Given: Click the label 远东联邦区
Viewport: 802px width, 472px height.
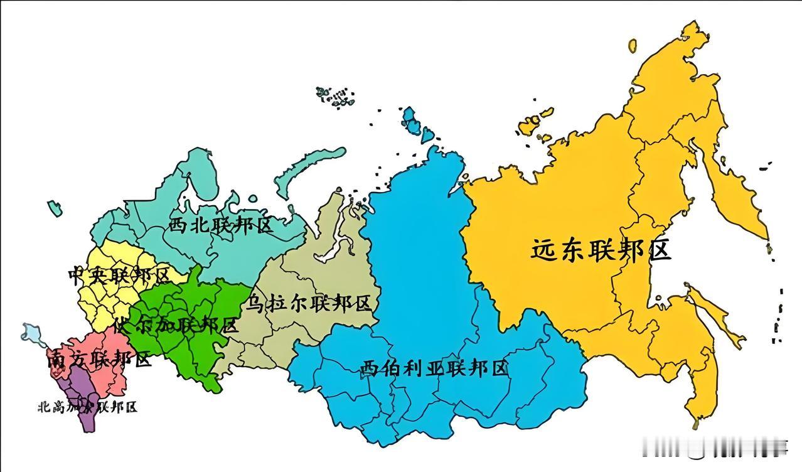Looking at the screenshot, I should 601,250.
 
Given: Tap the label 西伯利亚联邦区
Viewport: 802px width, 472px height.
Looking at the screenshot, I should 434,368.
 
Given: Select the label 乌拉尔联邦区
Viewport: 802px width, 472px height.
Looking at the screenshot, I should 309,304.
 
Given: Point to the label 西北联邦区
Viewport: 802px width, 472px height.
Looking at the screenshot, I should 221,225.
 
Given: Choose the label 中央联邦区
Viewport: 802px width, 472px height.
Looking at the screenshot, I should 119,276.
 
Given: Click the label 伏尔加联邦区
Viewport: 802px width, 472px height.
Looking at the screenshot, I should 176,326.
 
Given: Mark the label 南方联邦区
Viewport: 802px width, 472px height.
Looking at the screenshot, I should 99,360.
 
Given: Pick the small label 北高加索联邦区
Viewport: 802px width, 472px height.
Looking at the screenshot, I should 87,407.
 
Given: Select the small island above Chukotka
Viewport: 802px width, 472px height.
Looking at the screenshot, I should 633,45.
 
